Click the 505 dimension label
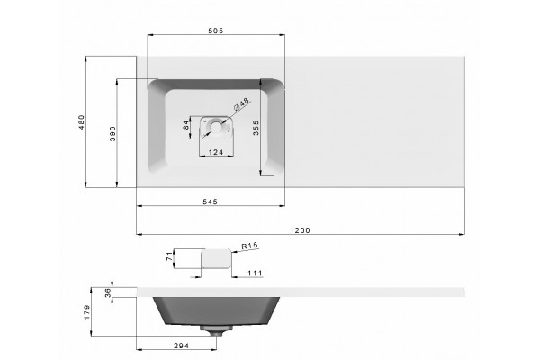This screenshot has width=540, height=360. [x=216, y=31]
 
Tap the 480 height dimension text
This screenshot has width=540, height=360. [x=81, y=122]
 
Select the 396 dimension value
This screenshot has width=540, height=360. [x=112, y=134]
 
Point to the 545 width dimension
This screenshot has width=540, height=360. [x=210, y=202]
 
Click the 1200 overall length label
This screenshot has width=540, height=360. [x=300, y=230]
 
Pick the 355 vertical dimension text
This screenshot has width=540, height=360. [x=256, y=128]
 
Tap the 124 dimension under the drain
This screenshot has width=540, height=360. [x=216, y=152]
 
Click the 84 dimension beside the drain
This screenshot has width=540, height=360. [x=186, y=125]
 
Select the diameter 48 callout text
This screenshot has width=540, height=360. [x=241, y=104]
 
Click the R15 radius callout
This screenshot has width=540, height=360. [x=249, y=246]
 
